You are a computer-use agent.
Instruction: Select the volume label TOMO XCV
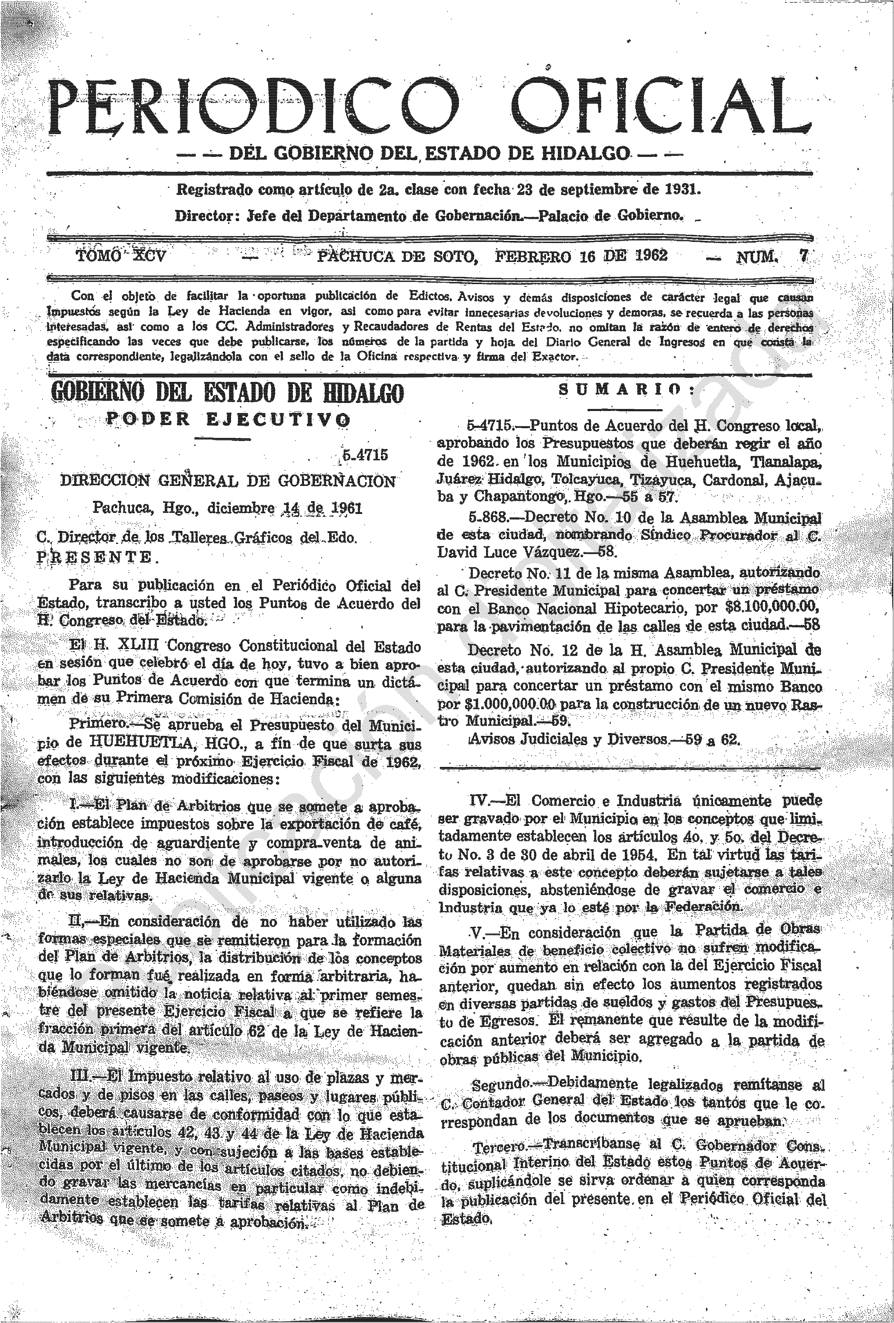tap(121, 256)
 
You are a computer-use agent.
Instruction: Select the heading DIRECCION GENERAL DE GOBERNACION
tap(228, 481)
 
